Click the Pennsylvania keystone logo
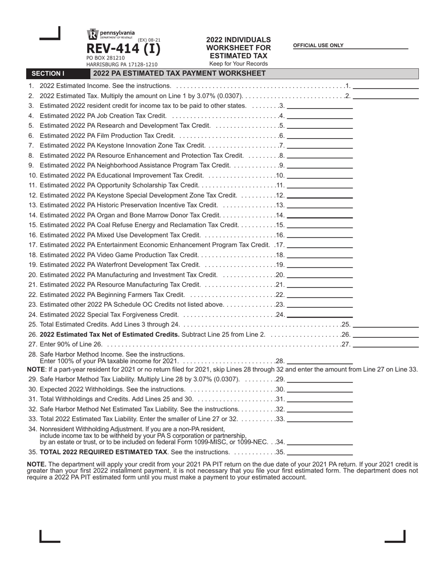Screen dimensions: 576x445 (x=92, y=34)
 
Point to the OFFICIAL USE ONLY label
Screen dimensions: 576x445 (x=318, y=45)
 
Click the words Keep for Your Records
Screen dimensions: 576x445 (x=238, y=64)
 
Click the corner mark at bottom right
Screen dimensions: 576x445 (x=396, y=536)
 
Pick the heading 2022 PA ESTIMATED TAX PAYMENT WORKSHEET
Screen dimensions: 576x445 (x=179, y=74)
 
